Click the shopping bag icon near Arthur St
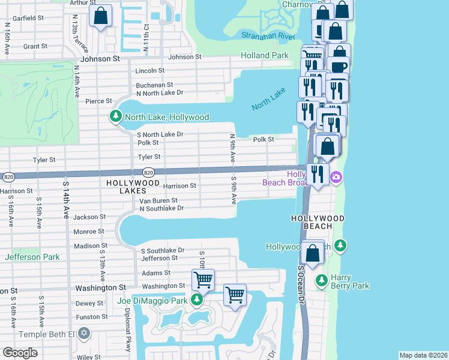pyautogui.click(x=101, y=16)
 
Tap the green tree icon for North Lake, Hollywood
pyautogui.click(x=114, y=116)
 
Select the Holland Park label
pyautogui.click(x=265, y=56)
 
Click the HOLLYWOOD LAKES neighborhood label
pyautogui.click(x=133, y=187)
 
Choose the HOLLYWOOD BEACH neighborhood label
pyautogui.click(x=318, y=218)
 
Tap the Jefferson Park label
pyautogui.click(x=32, y=257)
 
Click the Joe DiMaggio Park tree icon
pyautogui.click(x=196, y=299)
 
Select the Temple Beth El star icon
pyautogui.click(x=84, y=333)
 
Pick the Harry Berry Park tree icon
pyautogui.click(x=322, y=280)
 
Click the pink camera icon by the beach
pyautogui.click(x=336, y=177)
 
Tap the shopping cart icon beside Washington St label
pyautogui.click(x=203, y=280)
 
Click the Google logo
pyautogui.click(x=20, y=352)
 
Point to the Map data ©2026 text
pyautogui.click(x=423, y=355)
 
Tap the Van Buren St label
pyautogui.click(x=158, y=200)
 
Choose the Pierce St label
pyautogui.click(x=99, y=101)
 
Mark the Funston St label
pyautogui.click(x=91, y=317)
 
